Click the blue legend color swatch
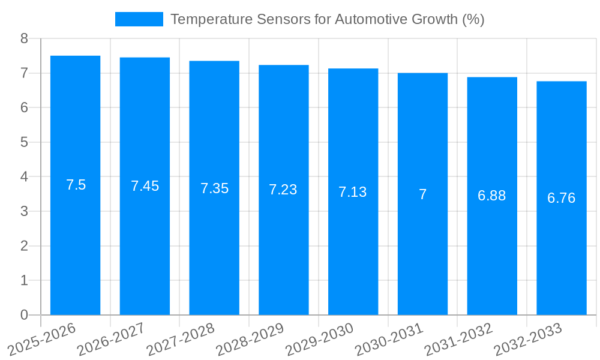point(139,19)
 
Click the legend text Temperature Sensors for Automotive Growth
point(327,19)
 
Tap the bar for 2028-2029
point(283,240)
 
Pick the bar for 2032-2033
point(561,252)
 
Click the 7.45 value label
point(145,186)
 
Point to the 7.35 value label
point(214,188)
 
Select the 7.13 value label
point(352,192)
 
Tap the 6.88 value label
point(491,196)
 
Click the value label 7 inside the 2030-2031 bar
point(422,194)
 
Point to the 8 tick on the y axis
point(24,38)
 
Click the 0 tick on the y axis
point(24,315)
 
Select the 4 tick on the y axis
point(24,177)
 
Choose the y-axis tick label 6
point(24,107)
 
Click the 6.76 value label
point(561,198)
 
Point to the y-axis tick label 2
point(24,246)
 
